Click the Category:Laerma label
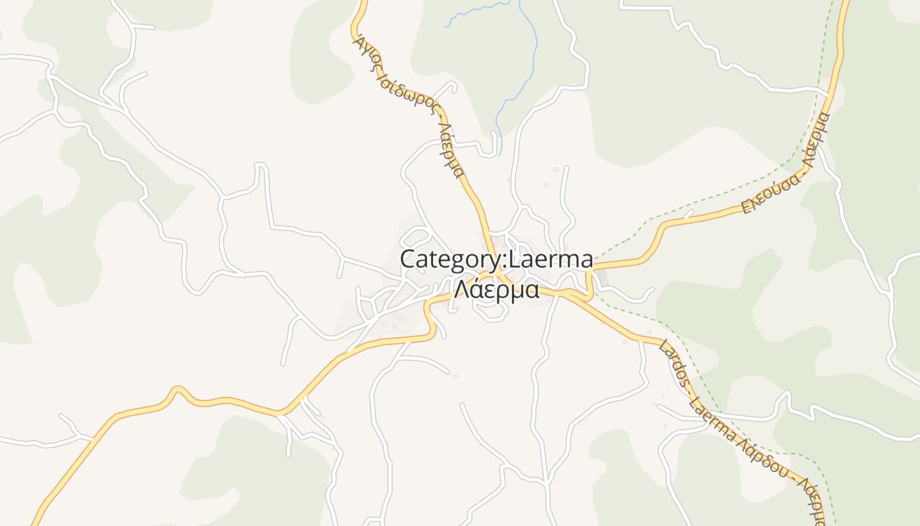496,259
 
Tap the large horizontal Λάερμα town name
496,289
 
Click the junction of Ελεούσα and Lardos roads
589,270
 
